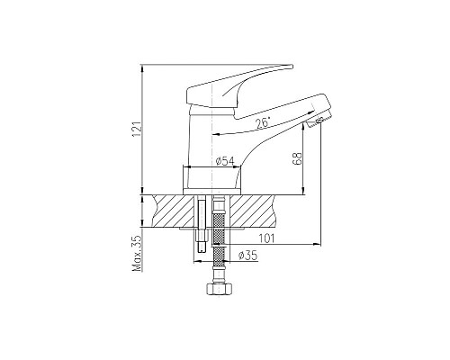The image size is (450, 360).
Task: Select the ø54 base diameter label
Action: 225,161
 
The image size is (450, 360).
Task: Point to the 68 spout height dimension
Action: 297,162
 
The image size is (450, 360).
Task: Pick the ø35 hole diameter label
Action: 247,256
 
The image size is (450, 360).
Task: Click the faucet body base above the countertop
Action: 215,180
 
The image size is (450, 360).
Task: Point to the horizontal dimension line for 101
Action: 270,244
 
